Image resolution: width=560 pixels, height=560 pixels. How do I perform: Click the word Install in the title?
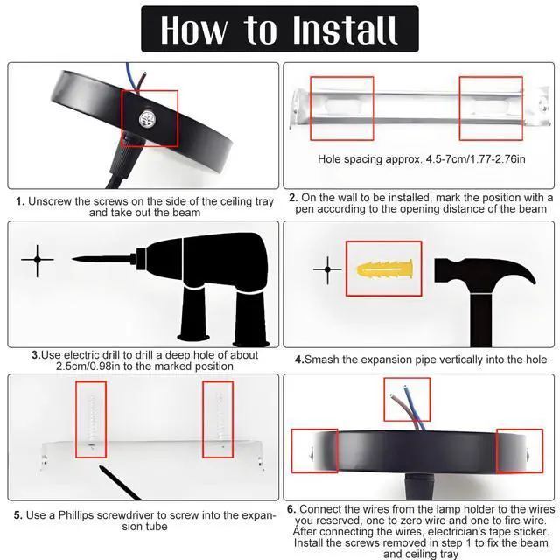[x=345, y=30]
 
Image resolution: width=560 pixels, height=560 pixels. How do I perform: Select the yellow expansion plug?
[x=384, y=269]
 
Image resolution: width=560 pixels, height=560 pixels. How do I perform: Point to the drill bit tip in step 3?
[x=72, y=259]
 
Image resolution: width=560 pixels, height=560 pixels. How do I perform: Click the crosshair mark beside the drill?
[x=38, y=260]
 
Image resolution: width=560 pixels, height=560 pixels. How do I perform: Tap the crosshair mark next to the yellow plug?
[x=327, y=269]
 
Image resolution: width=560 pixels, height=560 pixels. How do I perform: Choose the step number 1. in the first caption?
[x=20, y=201]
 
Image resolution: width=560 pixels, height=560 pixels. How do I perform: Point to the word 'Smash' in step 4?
[x=321, y=360]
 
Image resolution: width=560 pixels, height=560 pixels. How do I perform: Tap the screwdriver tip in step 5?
[x=101, y=466]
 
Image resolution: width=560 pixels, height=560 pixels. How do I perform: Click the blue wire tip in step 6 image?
[x=404, y=387]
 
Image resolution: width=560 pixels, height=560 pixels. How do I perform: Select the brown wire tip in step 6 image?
[x=392, y=396]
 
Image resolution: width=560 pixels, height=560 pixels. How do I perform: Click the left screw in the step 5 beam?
[x=92, y=421]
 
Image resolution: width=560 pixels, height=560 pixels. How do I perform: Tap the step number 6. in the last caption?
[x=292, y=509]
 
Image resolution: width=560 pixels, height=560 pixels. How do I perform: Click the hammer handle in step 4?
[x=480, y=320]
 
